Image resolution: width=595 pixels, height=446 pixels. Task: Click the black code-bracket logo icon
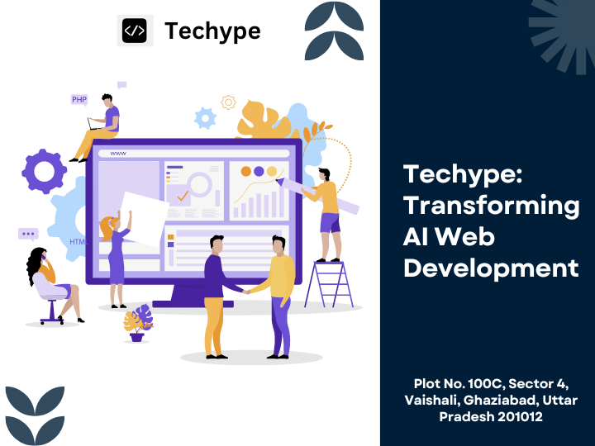[x=135, y=31]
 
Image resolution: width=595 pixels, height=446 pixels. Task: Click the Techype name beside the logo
[x=212, y=31]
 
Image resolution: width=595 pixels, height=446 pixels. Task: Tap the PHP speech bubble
[x=79, y=100]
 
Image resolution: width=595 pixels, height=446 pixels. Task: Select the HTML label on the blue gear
[x=79, y=242]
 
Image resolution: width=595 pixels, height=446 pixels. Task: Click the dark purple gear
[x=44, y=172]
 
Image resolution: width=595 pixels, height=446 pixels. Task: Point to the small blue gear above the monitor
[x=205, y=118]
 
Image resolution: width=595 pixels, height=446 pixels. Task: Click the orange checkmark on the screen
[x=183, y=196]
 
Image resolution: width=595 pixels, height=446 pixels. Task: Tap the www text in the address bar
[x=118, y=154]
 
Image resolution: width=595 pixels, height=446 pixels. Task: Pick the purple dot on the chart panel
[x=259, y=172]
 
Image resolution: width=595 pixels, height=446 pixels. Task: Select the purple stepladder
[x=329, y=284]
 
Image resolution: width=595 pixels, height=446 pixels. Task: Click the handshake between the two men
[x=246, y=292]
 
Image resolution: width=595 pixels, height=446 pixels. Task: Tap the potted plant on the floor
[x=138, y=323]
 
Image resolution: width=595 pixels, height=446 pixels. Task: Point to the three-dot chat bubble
[x=28, y=235]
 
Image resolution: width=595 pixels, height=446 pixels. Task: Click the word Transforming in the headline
[x=492, y=206]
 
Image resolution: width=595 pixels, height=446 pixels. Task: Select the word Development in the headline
[x=491, y=268]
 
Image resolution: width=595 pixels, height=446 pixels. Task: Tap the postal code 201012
[x=520, y=416]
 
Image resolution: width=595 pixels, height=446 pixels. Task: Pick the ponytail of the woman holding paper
[x=106, y=228]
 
